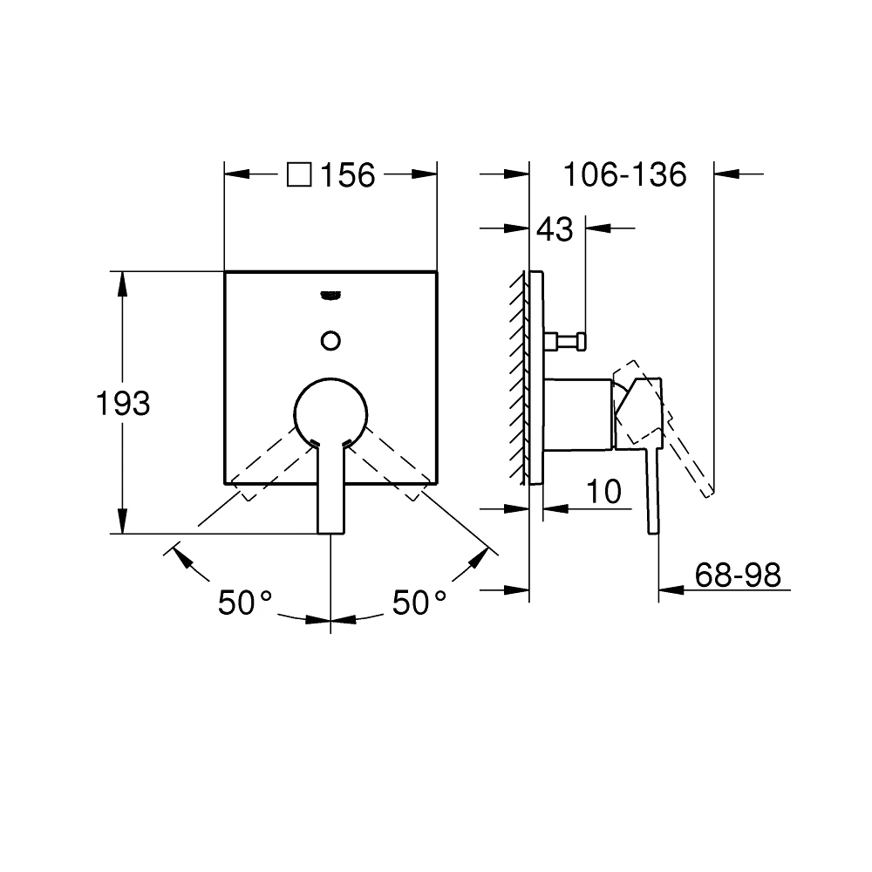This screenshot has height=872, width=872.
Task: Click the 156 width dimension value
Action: click(x=347, y=175)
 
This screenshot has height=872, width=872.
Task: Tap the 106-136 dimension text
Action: click(x=623, y=175)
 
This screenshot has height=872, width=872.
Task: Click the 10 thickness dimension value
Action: click(x=603, y=492)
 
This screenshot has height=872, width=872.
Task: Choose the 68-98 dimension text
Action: click(x=738, y=576)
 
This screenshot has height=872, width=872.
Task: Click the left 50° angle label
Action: click(x=245, y=603)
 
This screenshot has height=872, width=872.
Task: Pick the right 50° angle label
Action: click(x=419, y=603)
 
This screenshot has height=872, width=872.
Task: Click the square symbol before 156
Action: click(x=299, y=175)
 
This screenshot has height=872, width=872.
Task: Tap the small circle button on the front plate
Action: click(x=330, y=339)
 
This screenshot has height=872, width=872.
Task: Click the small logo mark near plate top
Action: click(x=330, y=295)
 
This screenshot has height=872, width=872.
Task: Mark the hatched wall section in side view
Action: click(x=520, y=375)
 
